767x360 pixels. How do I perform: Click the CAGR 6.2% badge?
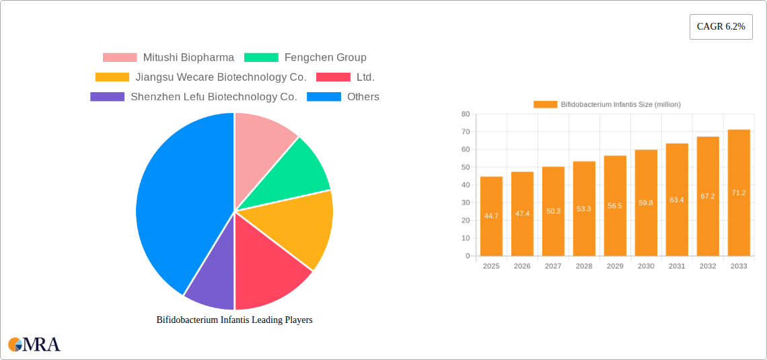pos(721,26)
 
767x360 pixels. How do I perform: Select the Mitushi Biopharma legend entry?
pos(168,58)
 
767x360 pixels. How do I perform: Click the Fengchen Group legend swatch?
pos(260,58)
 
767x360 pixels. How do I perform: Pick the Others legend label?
pos(363,97)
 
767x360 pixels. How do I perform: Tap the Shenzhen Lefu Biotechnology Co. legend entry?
pos(194,97)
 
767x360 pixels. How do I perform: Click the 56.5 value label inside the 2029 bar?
pos(615,205)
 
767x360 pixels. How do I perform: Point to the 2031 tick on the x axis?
pos(677,266)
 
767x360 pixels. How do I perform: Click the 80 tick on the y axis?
pos(465,114)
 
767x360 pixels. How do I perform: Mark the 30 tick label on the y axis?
pos(465,203)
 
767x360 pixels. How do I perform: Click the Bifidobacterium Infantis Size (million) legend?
pos(607,104)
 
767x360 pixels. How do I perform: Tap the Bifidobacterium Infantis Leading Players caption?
pos(234,320)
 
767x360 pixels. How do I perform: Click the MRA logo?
pos(34,345)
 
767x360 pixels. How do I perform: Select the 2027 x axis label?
pos(553,266)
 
